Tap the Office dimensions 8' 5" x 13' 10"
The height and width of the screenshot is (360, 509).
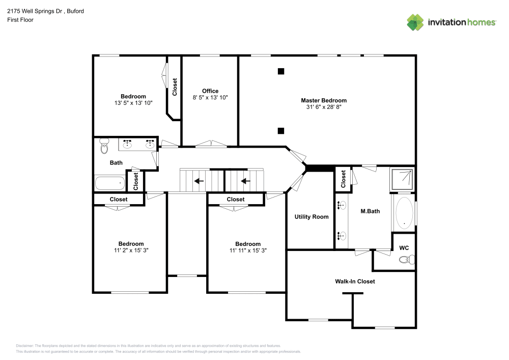(x=210, y=97)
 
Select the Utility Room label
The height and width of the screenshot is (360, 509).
(x=312, y=217)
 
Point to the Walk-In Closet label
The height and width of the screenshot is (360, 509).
(x=355, y=281)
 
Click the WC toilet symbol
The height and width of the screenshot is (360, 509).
(x=406, y=260)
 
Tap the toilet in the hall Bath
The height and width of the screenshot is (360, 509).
(x=104, y=146)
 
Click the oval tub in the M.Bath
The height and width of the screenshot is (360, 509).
(x=405, y=212)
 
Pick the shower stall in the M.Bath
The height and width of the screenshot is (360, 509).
(x=402, y=179)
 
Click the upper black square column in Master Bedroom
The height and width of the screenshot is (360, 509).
(x=280, y=71)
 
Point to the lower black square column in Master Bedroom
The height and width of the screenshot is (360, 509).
(x=280, y=131)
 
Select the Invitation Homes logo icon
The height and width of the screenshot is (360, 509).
(x=415, y=22)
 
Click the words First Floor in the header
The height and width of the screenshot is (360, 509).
(x=20, y=20)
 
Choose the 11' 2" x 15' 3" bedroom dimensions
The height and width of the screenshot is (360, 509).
(x=131, y=251)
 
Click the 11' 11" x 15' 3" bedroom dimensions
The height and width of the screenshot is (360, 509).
(x=248, y=251)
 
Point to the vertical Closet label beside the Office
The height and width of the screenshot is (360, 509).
(x=175, y=87)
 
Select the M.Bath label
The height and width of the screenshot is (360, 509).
(x=370, y=211)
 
